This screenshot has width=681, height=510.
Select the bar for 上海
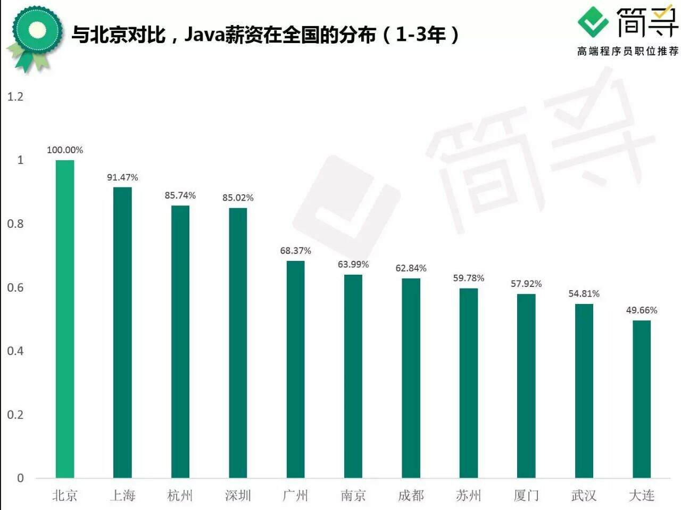pyautogui.click(x=122, y=332)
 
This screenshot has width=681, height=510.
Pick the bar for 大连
pyautogui.click(x=642, y=399)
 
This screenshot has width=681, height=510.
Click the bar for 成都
pyautogui.click(x=411, y=377)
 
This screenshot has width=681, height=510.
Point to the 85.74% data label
pyautogui.click(x=180, y=195)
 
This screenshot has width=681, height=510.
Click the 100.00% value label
pyautogui.click(x=65, y=150)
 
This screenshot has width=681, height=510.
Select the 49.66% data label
pyautogui.click(x=642, y=310)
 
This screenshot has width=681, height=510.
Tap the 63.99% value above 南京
pyautogui.click(x=353, y=265)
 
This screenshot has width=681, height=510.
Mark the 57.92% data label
pyautogui.click(x=526, y=284)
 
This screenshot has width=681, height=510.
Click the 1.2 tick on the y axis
pyautogui.click(x=15, y=96)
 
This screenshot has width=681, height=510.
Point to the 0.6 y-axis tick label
pyautogui.click(x=15, y=287)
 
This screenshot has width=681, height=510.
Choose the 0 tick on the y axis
pyautogui.click(x=20, y=478)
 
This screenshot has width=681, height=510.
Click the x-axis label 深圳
pyautogui.click(x=238, y=496)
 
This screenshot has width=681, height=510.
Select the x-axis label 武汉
pyautogui.click(x=584, y=496)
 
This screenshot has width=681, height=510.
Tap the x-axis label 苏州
pyautogui.click(x=468, y=496)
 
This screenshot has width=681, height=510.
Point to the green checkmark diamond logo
pyautogui.click(x=593, y=22)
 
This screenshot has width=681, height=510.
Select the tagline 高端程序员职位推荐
pyautogui.click(x=628, y=51)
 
